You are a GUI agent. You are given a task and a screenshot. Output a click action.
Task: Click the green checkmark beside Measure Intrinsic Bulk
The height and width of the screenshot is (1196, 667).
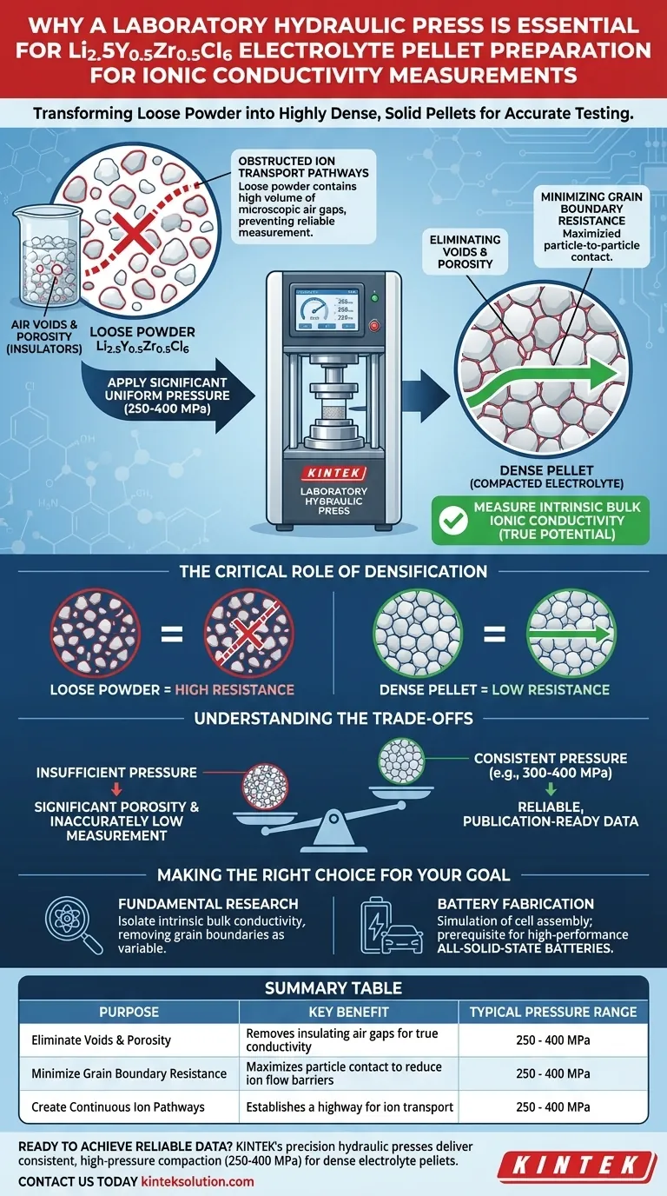point(451,520)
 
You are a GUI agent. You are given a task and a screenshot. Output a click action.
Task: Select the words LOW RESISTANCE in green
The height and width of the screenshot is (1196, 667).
point(558,689)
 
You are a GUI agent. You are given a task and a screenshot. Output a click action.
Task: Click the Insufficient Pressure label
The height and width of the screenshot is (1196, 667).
point(116,772)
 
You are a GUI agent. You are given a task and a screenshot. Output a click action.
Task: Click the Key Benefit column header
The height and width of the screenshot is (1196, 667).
point(348,1012)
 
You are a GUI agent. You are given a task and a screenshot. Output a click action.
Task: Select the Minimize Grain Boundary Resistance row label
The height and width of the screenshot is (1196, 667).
point(129,1073)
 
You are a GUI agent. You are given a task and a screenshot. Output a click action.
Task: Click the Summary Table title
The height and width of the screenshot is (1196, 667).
point(333,988)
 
